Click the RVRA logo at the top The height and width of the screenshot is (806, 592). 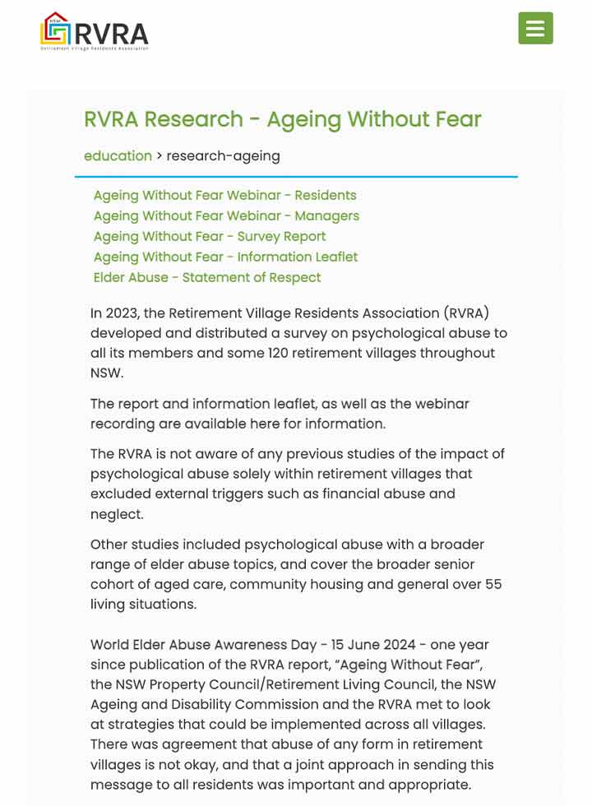[x=95, y=31]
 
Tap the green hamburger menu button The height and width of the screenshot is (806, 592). [x=535, y=29]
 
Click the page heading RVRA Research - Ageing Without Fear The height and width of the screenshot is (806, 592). [x=282, y=119]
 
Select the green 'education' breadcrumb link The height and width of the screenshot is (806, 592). [x=118, y=155]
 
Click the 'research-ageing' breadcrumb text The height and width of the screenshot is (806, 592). [x=223, y=155]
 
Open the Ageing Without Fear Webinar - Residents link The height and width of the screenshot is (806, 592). [x=224, y=195]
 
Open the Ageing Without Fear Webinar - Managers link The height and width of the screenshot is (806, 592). [x=226, y=215]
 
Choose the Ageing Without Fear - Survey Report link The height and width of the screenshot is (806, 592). [x=209, y=236]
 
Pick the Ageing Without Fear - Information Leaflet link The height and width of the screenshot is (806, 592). [x=225, y=257]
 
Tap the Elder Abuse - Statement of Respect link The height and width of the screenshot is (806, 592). [x=207, y=277]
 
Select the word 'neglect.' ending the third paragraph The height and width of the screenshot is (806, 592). [x=117, y=514]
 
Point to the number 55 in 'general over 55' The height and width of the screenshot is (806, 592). [x=493, y=584]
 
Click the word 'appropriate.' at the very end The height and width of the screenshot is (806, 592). [x=430, y=785]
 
